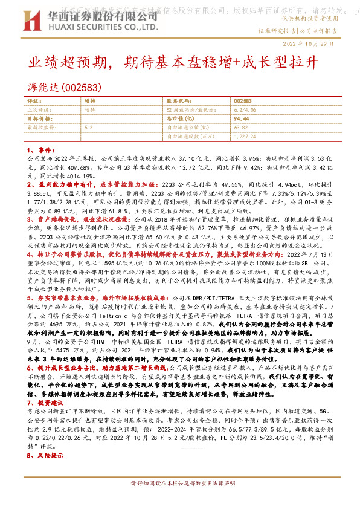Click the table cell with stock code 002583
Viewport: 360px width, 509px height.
[x=242, y=102]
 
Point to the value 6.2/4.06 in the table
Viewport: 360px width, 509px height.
[x=242, y=110]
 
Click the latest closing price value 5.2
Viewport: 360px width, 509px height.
[x=89, y=128]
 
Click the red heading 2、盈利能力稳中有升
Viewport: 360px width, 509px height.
[x=66, y=183]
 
